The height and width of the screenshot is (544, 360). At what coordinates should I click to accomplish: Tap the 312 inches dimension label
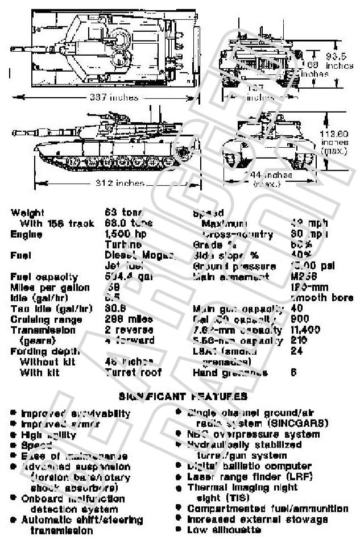(x=118, y=183)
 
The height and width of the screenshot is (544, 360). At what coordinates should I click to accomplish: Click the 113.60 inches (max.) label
(x=335, y=143)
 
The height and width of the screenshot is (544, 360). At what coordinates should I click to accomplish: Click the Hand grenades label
(x=230, y=373)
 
